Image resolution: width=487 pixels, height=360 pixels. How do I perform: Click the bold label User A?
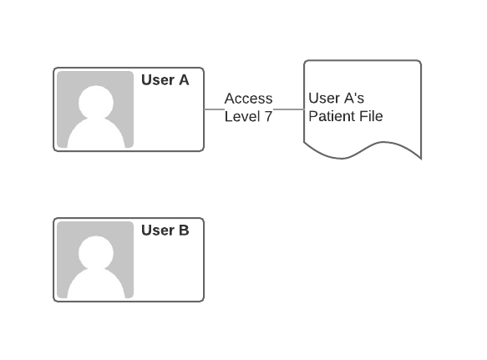[x=165, y=80]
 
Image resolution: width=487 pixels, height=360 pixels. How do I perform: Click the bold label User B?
[x=165, y=231]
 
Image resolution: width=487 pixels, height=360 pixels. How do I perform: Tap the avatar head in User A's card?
[x=96, y=102]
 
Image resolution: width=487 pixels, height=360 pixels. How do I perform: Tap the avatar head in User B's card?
[x=96, y=252]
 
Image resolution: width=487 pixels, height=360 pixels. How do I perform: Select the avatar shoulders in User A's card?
[x=96, y=134]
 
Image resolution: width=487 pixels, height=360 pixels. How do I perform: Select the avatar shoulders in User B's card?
[x=96, y=284]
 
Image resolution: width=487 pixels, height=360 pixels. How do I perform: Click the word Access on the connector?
[x=248, y=99]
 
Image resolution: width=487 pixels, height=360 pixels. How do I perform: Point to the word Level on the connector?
[x=242, y=116]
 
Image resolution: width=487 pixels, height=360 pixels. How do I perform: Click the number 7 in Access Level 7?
[x=268, y=116]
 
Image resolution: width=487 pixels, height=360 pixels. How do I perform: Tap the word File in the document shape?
[x=371, y=116]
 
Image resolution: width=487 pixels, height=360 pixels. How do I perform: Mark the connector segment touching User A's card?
[x=214, y=109]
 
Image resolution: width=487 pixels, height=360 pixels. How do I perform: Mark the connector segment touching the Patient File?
[x=288, y=109]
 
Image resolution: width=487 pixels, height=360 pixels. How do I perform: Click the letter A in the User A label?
[x=184, y=80]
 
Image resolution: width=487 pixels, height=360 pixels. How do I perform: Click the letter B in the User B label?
[x=184, y=231]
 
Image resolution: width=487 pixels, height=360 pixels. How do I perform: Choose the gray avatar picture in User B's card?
[x=95, y=260]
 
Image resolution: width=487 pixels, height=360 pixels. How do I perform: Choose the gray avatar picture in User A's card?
[x=95, y=109]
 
